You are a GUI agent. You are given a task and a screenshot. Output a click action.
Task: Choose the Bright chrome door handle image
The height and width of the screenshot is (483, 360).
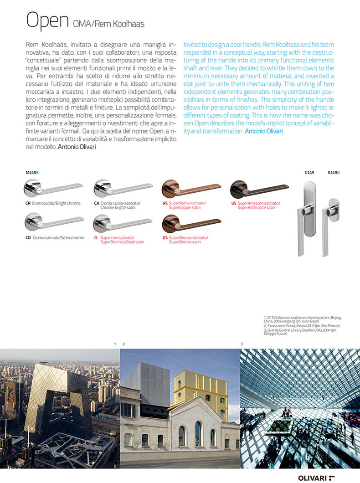click(54, 189)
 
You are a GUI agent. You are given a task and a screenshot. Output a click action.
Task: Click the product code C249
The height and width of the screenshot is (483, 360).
click(309, 173)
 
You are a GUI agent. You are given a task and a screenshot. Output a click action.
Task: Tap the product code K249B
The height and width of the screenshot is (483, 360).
click(334, 173)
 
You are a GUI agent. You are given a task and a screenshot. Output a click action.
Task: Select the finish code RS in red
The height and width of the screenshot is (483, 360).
click(165, 203)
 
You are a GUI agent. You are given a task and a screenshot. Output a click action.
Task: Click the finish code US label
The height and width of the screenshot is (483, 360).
click(233, 203)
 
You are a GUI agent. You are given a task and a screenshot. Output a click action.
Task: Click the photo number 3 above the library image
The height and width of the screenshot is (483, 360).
click(242, 343)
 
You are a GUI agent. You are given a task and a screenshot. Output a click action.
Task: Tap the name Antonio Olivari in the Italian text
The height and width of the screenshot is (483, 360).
click(77, 147)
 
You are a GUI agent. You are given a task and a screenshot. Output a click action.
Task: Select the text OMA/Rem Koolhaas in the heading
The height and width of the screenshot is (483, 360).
click(108, 24)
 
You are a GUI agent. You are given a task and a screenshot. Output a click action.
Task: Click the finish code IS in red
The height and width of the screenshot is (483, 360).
click(96, 238)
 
